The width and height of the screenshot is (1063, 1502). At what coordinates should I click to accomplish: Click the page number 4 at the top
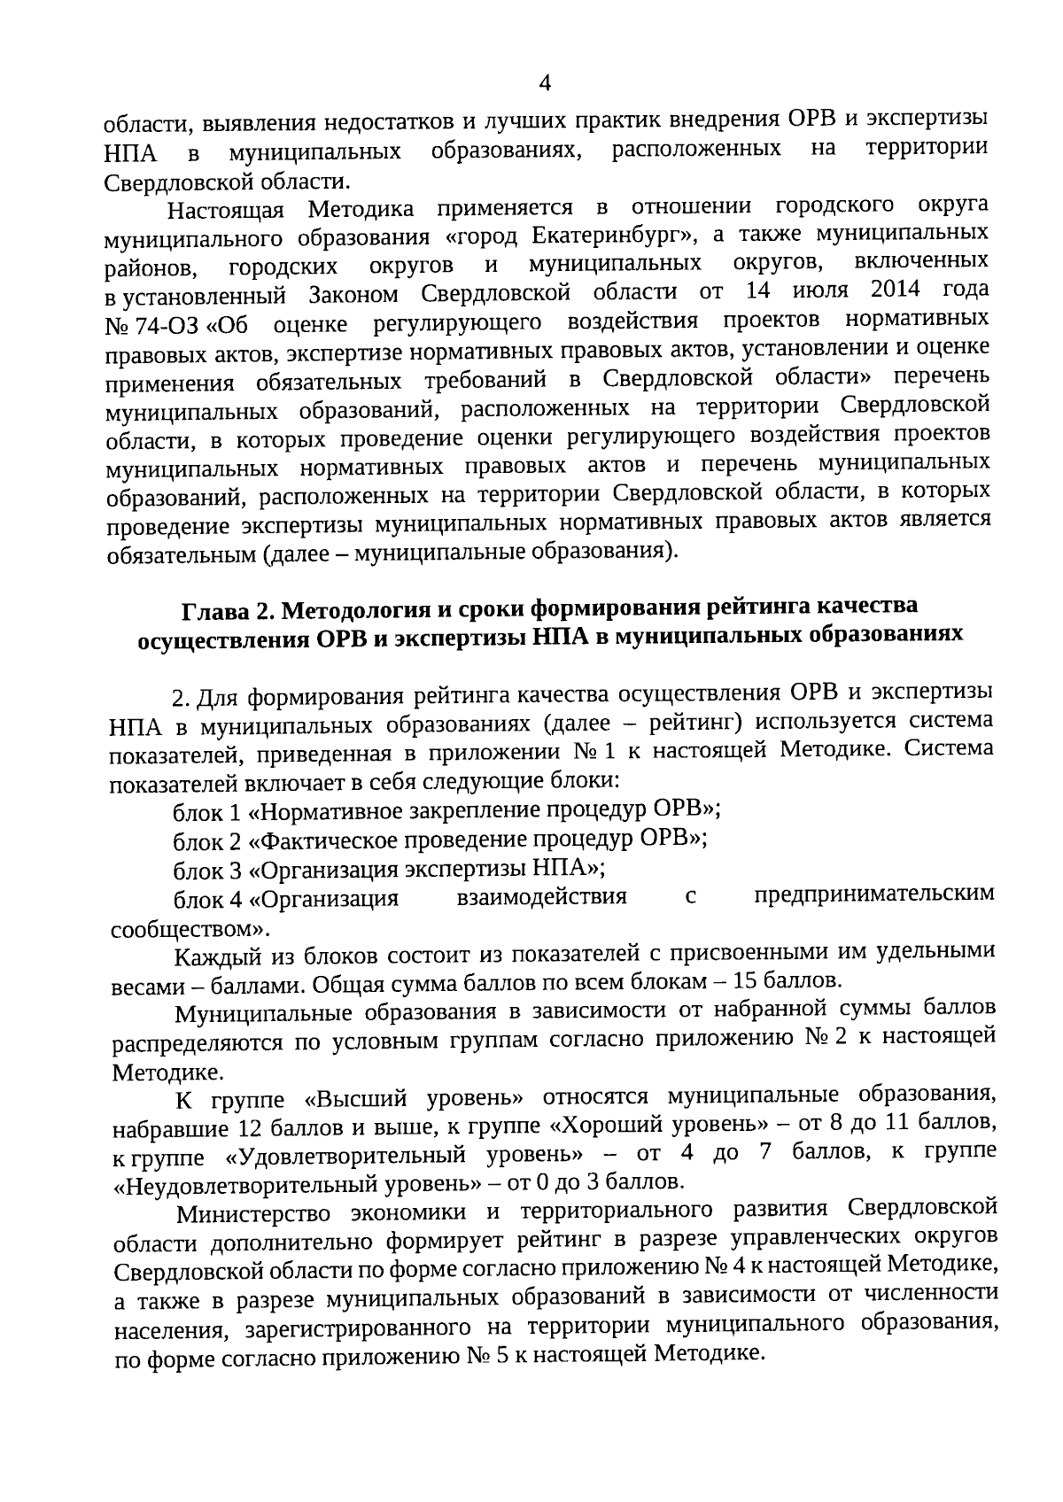[545, 83]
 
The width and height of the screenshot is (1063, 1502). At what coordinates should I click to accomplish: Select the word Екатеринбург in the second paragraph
[599, 236]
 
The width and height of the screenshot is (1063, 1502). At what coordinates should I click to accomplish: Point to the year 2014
[896, 290]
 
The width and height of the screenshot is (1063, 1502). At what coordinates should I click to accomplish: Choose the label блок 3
[207, 869]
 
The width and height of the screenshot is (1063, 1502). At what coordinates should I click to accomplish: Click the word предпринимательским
[873, 894]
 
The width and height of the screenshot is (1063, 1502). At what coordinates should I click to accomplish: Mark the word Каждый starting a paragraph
[212, 956]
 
